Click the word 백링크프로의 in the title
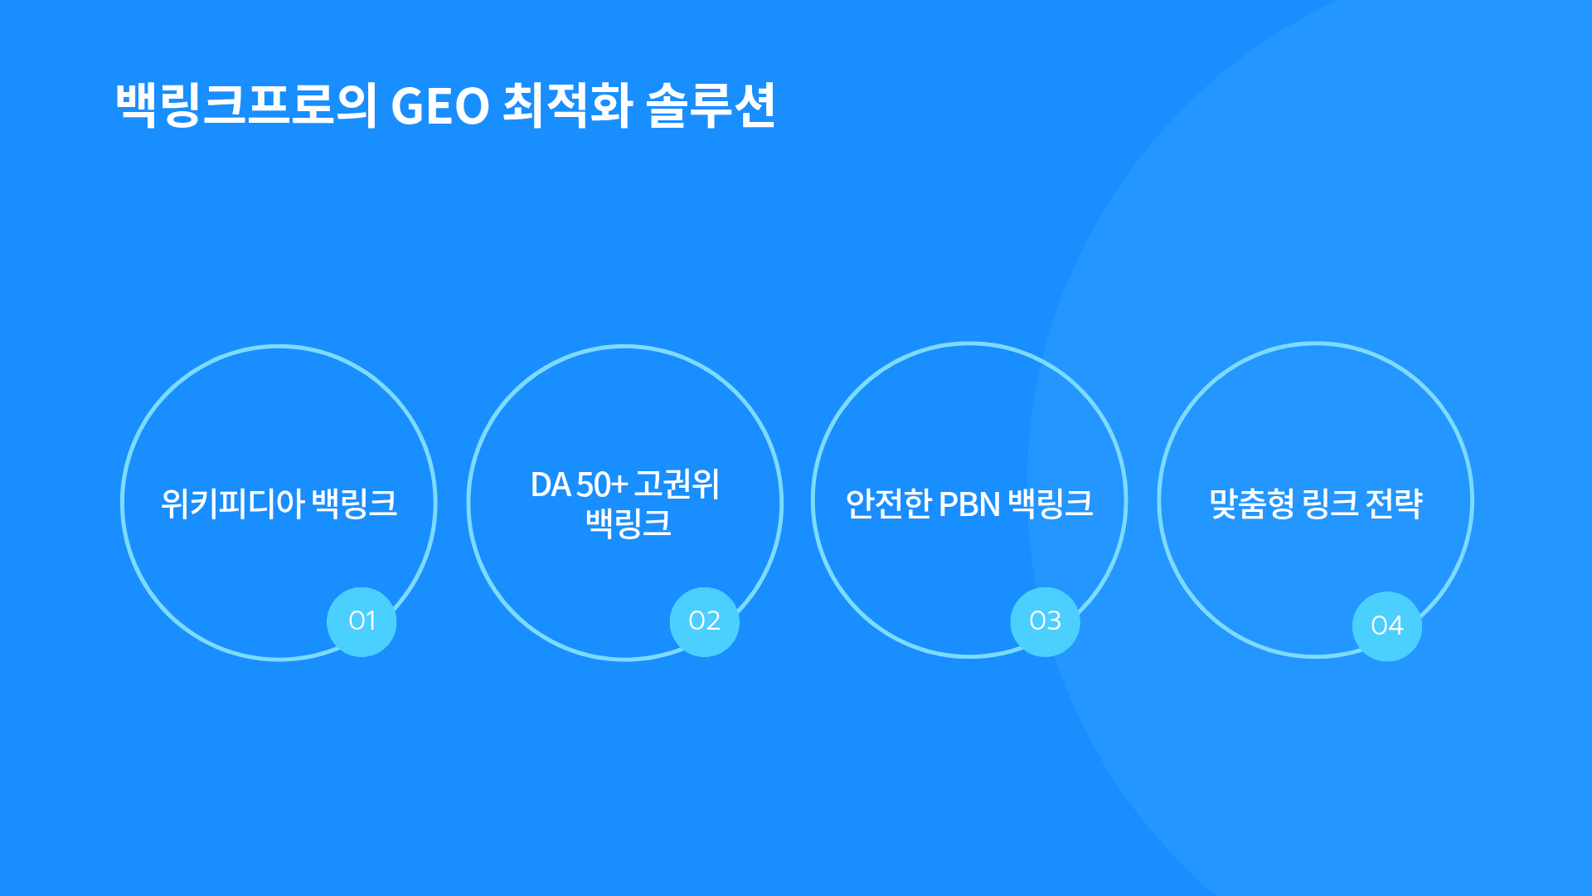click(246, 105)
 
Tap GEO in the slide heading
click(440, 107)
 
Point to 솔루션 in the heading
click(711, 105)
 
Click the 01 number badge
click(362, 621)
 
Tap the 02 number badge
click(704, 621)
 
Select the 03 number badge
click(1045, 621)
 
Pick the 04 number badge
click(1386, 626)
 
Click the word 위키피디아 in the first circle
click(233, 504)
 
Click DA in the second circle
click(551, 485)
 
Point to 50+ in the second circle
click(602, 485)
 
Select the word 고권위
click(677, 485)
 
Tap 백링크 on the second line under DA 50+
click(628, 523)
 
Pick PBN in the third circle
click(969, 504)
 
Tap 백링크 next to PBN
click(1051, 504)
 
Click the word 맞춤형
click(1252, 504)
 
